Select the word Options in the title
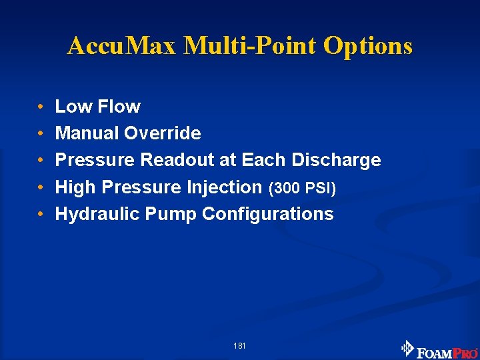(368, 46)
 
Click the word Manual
(87, 133)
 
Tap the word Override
(163, 133)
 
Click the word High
(75, 187)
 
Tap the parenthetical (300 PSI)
(302, 188)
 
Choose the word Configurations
(268, 214)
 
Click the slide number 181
(240, 346)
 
